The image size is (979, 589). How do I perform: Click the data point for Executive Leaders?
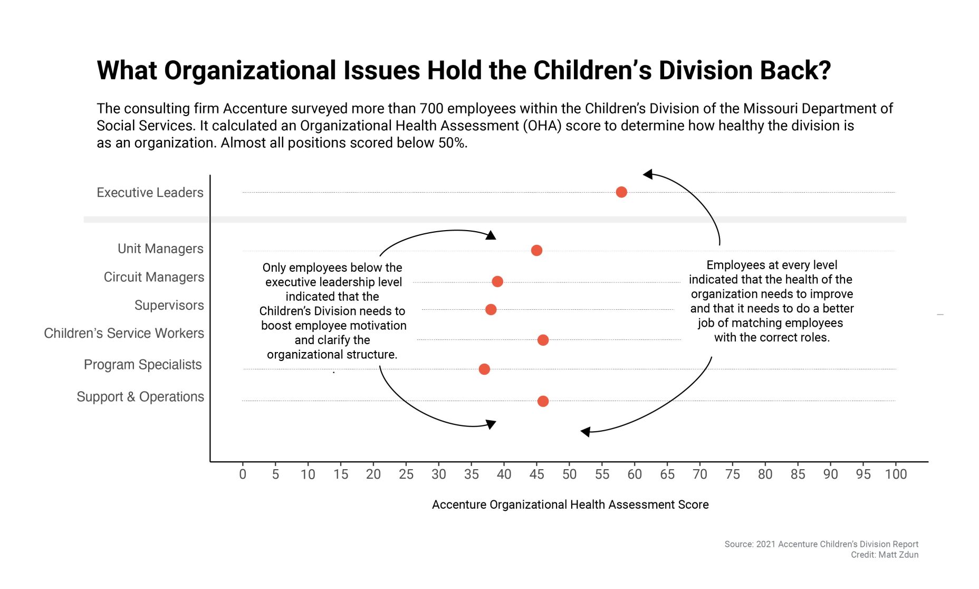click(x=621, y=192)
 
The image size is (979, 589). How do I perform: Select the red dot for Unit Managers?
click(x=536, y=250)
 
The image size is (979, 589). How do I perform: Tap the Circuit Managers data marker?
click(x=497, y=281)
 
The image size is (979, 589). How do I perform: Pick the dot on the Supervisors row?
click(x=491, y=309)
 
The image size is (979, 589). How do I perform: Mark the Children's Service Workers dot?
click(x=543, y=340)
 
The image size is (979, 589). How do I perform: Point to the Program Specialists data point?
click(x=484, y=369)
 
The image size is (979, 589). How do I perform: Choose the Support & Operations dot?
click(x=543, y=401)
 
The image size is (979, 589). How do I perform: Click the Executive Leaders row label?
click(x=150, y=193)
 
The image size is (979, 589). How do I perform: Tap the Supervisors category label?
click(x=169, y=305)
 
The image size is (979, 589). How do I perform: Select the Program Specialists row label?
click(x=142, y=365)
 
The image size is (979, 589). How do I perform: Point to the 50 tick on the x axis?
click(x=569, y=474)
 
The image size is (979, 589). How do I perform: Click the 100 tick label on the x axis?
click(x=896, y=474)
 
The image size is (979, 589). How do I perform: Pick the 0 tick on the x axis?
click(x=243, y=474)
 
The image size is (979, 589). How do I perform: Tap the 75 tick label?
click(x=732, y=474)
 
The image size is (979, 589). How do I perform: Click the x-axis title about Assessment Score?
click(x=570, y=505)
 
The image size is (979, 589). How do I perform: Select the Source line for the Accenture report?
click(x=821, y=544)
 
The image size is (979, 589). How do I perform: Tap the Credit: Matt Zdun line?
click(x=885, y=555)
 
